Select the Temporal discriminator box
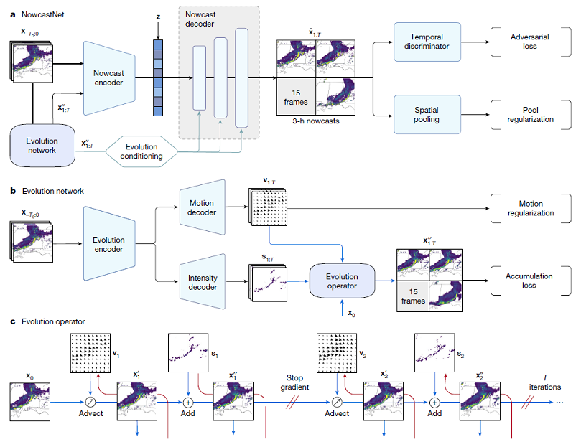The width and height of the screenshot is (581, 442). click(x=429, y=46)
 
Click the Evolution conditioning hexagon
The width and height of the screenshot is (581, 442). click(x=144, y=150)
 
